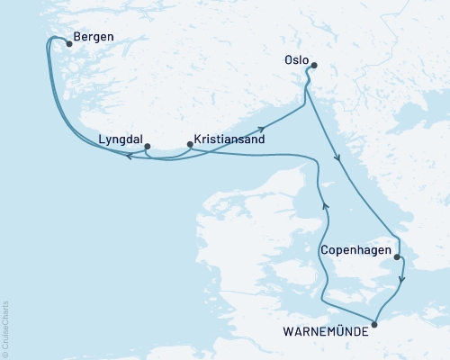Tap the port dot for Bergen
pyautogui.click(x=69, y=41)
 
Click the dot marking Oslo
pyautogui.click(x=312, y=65)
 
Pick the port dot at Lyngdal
pyautogui.click(x=147, y=146)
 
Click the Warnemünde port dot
pyautogui.click(x=375, y=320)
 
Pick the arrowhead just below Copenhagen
pyautogui.click(x=402, y=279)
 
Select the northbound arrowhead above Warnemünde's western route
pyautogui.click(x=326, y=205)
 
